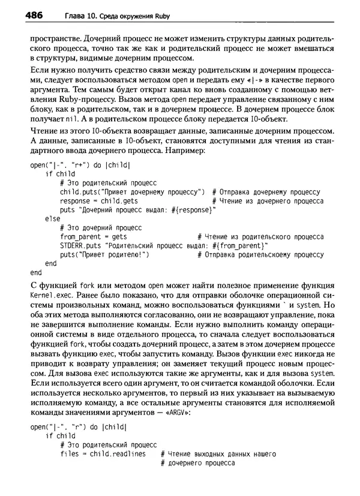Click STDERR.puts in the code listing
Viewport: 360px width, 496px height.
pos(81,245)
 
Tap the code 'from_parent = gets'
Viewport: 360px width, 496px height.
pos(89,236)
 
